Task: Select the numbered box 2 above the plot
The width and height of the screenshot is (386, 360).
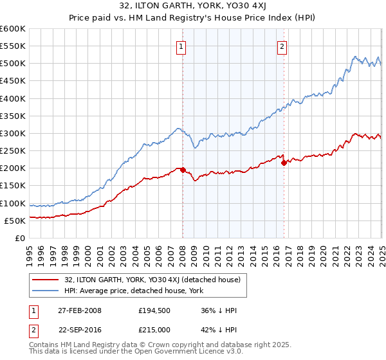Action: click(x=282, y=46)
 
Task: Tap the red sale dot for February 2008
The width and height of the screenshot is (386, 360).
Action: click(x=183, y=170)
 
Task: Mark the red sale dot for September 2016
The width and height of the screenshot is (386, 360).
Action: click(x=284, y=163)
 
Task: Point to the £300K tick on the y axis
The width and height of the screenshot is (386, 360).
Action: click(x=14, y=134)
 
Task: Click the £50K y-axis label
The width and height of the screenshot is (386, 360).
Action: click(x=16, y=221)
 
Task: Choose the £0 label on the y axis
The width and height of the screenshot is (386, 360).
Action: click(x=19, y=238)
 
